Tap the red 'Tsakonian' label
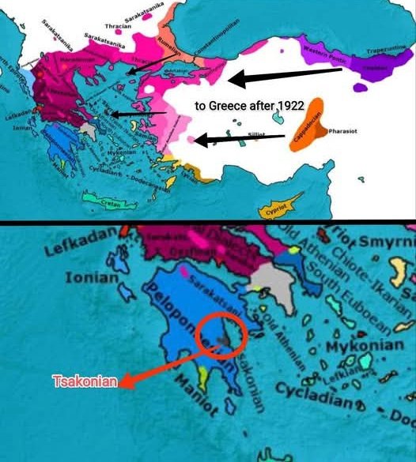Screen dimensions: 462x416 (x=85, y=382)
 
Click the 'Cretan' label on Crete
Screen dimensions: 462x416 (x=116, y=204)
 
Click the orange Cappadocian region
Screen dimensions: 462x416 (x=306, y=125)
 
